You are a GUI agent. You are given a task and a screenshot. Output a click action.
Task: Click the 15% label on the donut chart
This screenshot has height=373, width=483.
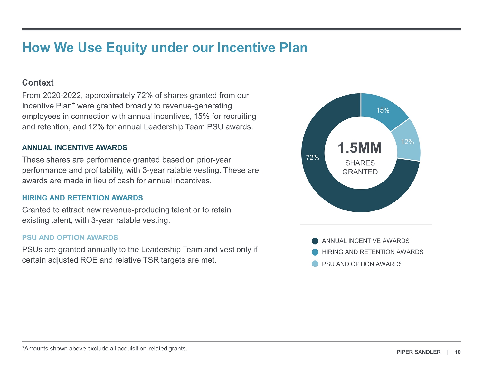coord(383,110)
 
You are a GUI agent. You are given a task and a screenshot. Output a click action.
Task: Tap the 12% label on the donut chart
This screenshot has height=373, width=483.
coord(407,142)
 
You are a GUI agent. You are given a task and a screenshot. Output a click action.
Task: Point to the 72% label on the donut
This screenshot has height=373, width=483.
coord(312,158)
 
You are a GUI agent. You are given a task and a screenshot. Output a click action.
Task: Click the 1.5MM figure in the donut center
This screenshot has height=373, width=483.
coord(360,148)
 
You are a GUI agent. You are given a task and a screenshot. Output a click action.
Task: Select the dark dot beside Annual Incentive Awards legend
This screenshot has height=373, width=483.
coord(315,241)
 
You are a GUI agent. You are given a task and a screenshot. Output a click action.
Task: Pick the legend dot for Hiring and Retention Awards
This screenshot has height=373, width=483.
coord(315,252)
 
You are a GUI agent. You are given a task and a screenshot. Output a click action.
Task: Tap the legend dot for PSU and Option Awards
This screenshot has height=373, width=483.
coord(315,264)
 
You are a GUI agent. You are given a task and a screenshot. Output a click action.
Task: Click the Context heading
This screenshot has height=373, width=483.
coord(38,83)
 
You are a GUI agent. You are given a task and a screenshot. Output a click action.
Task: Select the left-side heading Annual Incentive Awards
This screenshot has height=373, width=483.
coord(74,148)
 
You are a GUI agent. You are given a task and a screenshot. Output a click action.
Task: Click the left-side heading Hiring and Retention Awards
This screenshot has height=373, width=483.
coord(82,198)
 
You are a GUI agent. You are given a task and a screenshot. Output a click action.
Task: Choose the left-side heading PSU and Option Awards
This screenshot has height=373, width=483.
coord(70,238)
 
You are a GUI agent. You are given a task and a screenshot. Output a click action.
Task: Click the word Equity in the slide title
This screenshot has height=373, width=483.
coord(126,48)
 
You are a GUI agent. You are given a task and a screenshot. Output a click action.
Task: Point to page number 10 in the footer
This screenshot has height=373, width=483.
coord(458,352)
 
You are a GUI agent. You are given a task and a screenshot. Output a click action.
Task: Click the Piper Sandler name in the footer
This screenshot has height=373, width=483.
coord(418,352)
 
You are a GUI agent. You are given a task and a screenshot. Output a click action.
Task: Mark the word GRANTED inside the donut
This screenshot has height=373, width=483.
coord(360,172)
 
